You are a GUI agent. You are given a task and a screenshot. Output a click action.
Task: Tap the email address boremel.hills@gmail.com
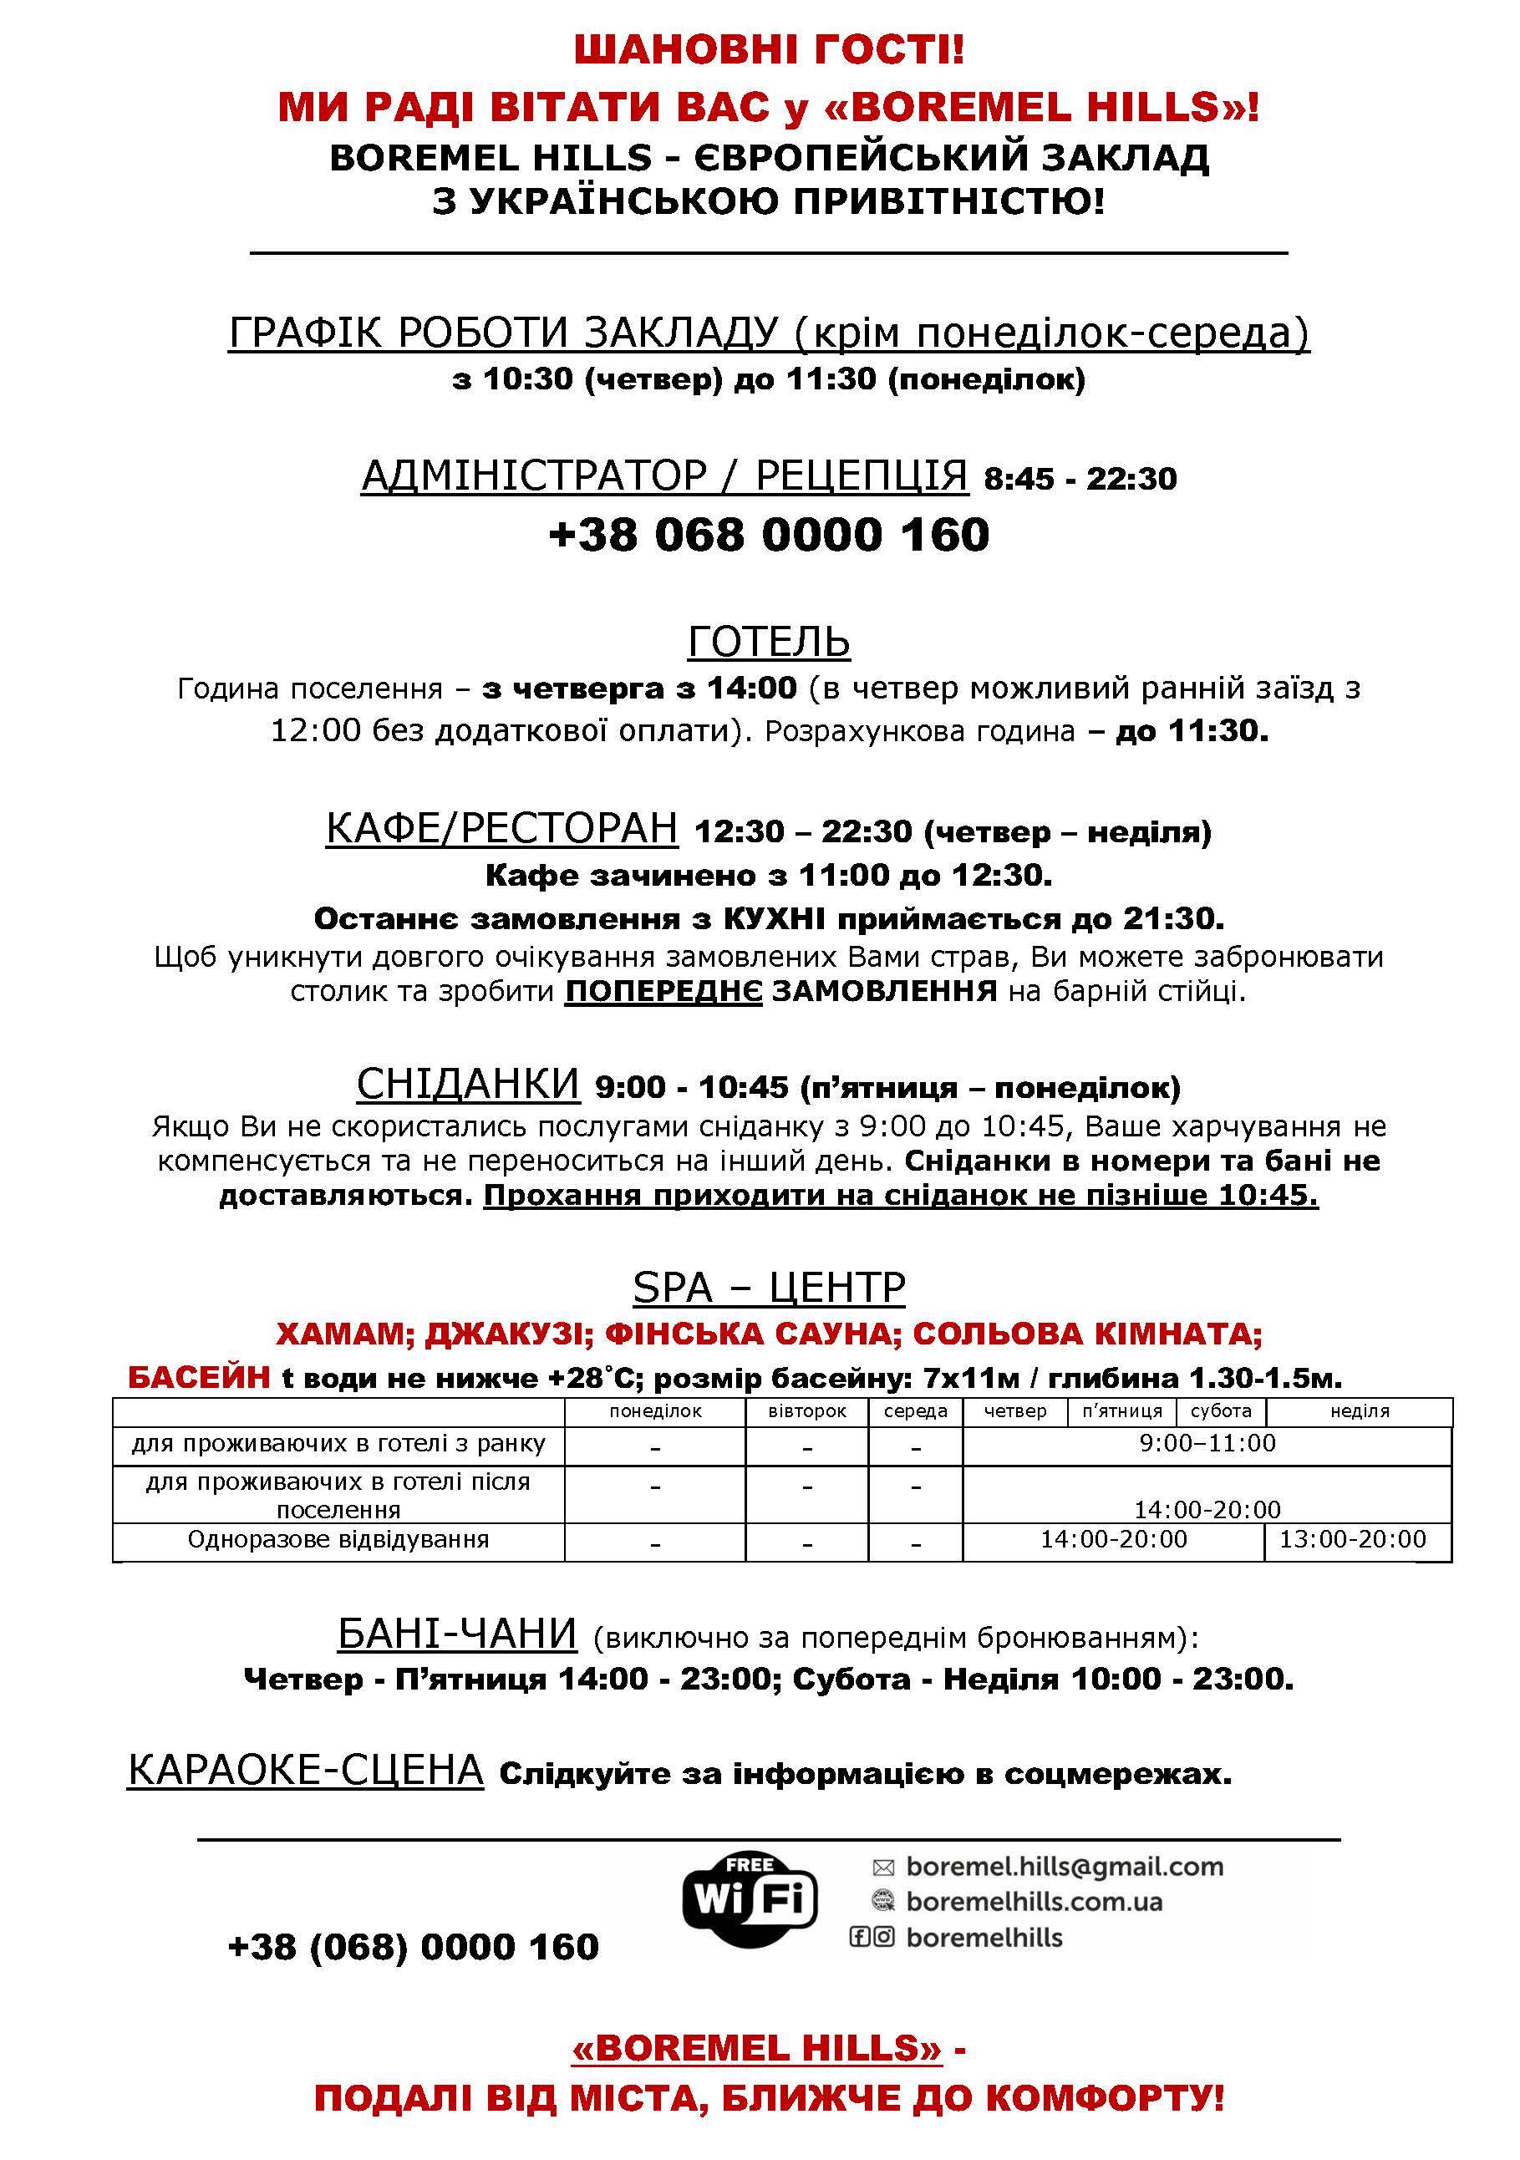pyautogui.click(x=1064, y=1867)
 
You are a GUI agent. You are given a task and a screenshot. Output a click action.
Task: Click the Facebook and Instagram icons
pyautogui.click(x=871, y=1937)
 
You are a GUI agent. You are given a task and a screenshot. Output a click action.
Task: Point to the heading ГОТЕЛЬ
pyautogui.click(x=769, y=643)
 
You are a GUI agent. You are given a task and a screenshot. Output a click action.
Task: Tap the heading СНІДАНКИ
pyautogui.click(x=467, y=1085)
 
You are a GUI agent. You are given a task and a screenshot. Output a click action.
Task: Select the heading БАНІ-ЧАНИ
pyautogui.click(x=457, y=1634)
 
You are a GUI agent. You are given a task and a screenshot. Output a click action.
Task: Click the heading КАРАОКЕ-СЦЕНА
pyautogui.click(x=306, y=1771)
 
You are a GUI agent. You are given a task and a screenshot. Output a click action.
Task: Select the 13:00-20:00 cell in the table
pyautogui.click(x=1353, y=1539)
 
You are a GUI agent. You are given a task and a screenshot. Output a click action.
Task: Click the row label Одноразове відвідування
pyautogui.click(x=338, y=1539)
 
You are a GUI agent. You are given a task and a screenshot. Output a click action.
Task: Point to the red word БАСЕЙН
pyautogui.click(x=200, y=1378)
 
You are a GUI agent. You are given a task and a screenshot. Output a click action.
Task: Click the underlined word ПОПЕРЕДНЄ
pyautogui.click(x=663, y=991)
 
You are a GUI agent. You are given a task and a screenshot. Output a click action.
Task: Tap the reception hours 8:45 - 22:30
pyautogui.click(x=1080, y=479)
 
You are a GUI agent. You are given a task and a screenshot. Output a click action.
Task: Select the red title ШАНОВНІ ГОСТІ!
pyautogui.click(x=769, y=50)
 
